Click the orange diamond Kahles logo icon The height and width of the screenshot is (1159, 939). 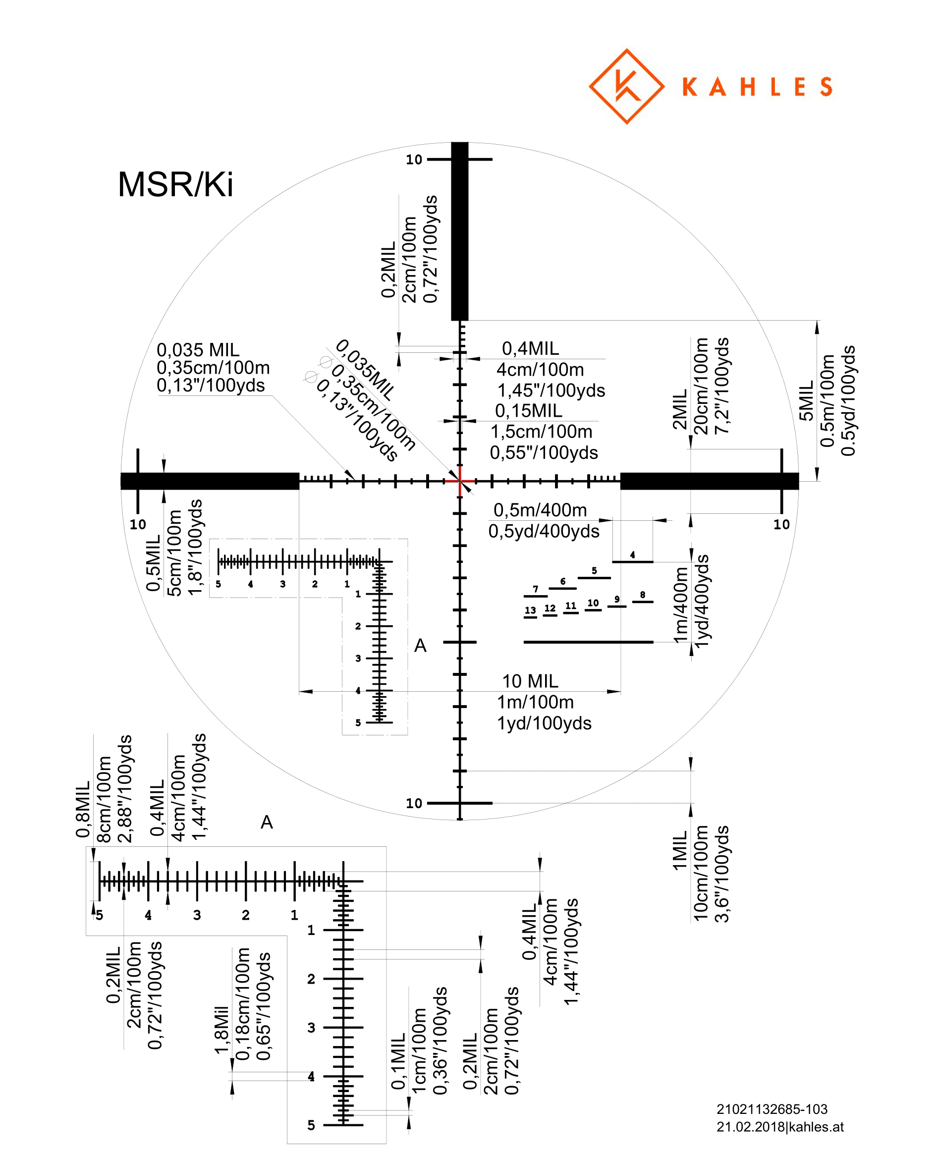coord(626,87)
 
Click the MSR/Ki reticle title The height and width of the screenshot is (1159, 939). coord(175,185)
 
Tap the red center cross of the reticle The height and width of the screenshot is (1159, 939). coord(460,481)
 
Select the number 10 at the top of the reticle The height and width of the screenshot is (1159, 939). coord(414,160)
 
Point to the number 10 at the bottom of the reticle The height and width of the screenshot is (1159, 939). coord(414,803)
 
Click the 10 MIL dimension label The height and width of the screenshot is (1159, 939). coord(530,681)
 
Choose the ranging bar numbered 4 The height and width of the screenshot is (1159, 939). coord(632,561)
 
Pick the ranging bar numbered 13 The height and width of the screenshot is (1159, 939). coord(530,616)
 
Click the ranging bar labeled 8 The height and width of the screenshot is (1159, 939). coord(643,601)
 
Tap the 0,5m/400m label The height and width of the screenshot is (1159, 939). coord(540,510)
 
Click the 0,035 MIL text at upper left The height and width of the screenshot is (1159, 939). coord(198,350)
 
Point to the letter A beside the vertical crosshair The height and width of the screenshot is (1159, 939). coord(420,646)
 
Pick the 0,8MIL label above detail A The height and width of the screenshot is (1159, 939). coord(83,809)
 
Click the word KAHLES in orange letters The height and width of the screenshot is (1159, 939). coord(757,87)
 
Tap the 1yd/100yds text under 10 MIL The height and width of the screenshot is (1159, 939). coord(544,723)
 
